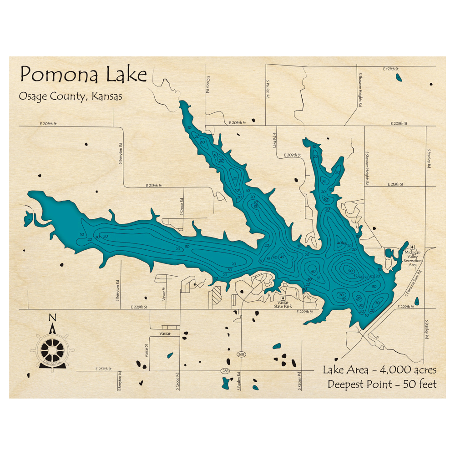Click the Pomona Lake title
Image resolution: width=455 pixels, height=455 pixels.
(x=83, y=74)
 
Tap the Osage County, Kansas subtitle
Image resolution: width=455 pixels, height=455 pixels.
(x=71, y=96)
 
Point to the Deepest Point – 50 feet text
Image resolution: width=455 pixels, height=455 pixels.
(x=382, y=384)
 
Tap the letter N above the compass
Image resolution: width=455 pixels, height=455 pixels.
(x=52, y=318)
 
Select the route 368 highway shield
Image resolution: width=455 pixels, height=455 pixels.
(x=241, y=354)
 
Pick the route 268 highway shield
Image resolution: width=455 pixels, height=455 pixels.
(x=225, y=371)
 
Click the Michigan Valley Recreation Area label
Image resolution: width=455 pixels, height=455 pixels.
(x=413, y=258)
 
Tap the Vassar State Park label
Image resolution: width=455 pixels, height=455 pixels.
(x=285, y=304)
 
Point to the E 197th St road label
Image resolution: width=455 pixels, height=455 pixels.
(x=390, y=68)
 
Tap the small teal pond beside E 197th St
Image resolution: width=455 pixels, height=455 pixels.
(x=399, y=78)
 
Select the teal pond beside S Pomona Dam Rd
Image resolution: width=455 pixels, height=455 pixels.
(x=416, y=301)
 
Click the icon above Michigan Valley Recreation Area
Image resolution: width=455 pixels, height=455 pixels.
(x=413, y=246)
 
